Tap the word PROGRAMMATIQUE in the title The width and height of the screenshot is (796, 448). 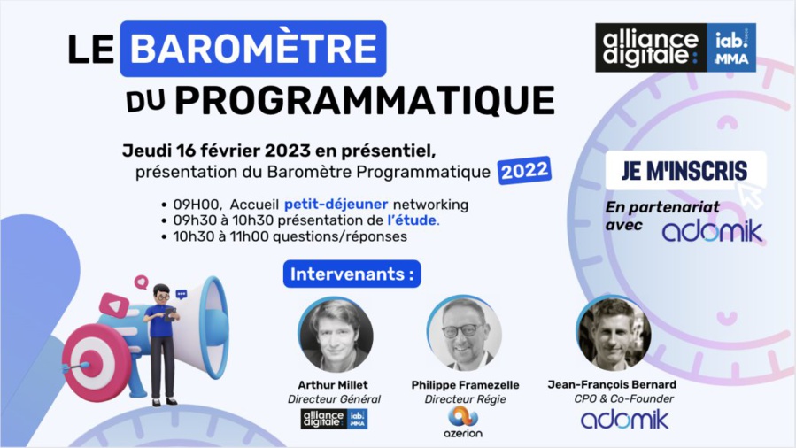pos(364,101)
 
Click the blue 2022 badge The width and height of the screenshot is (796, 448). pos(524,170)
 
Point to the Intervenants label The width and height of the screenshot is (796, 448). pos(352,274)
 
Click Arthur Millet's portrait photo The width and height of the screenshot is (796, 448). pos(336,334)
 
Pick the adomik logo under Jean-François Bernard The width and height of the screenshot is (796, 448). pos(624,420)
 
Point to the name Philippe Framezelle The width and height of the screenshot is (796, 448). pos(465,385)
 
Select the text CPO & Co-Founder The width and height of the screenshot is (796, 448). pos(623,398)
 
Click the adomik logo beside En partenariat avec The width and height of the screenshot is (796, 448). pos(711,231)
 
